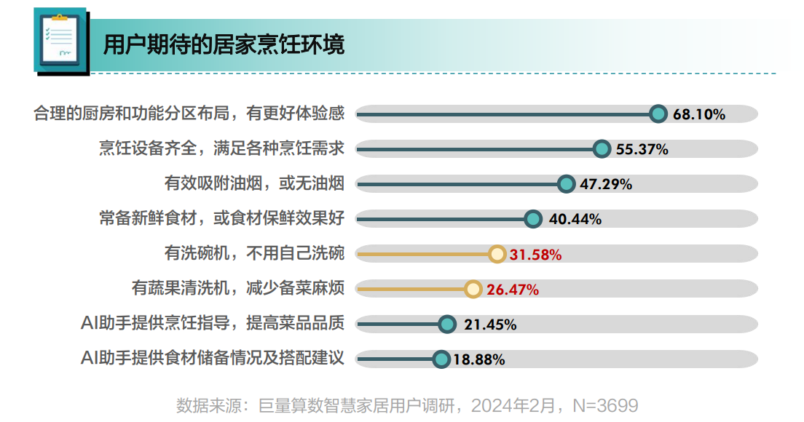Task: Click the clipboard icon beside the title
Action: [x=60, y=41]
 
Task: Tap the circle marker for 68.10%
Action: [x=658, y=114]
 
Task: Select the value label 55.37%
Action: [x=642, y=149]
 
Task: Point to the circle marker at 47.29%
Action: [x=566, y=184]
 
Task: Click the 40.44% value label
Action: [x=575, y=219]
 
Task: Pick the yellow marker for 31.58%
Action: [x=497, y=254]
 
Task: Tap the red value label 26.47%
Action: [x=513, y=290]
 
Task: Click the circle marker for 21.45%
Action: [x=447, y=325]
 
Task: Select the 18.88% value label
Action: [x=478, y=359]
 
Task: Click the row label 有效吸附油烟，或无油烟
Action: [x=254, y=183]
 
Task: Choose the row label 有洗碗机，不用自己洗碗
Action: [x=254, y=253]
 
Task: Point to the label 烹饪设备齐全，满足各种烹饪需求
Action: [x=221, y=148]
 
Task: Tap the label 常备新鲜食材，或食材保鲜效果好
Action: [x=221, y=218]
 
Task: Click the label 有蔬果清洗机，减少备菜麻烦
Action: [x=238, y=288]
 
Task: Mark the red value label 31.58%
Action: [x=535, y=255]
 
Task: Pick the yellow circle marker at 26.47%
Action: [x=473, y=289]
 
